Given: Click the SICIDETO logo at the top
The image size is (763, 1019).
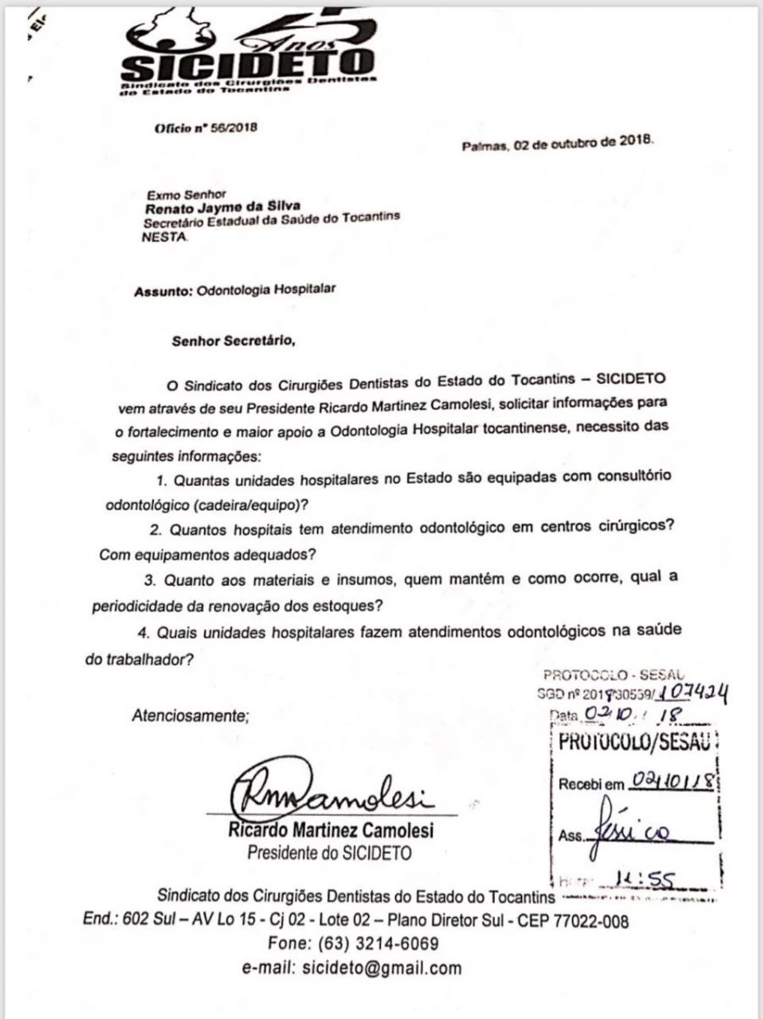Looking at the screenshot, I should (247, 56).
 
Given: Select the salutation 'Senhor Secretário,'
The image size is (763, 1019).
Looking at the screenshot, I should (233, 341).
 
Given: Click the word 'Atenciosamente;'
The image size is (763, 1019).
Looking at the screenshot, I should (190, 715).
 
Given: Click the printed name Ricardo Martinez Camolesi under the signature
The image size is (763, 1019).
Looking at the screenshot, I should (331, 830).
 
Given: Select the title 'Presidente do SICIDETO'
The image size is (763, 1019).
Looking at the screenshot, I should (329, 853).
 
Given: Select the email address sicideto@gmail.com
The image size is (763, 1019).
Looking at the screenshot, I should (382, 967).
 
